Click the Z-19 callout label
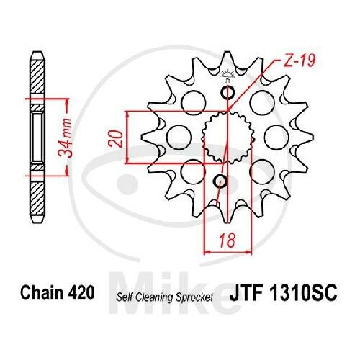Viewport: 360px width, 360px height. click(299, 60)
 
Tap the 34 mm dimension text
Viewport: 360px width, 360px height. click(66, 138)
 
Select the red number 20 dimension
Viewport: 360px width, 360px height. click(116, 138)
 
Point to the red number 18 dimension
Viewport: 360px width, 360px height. click(228, 240)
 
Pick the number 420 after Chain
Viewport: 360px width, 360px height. click(81, 292)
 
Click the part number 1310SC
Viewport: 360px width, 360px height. click(303, 293)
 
